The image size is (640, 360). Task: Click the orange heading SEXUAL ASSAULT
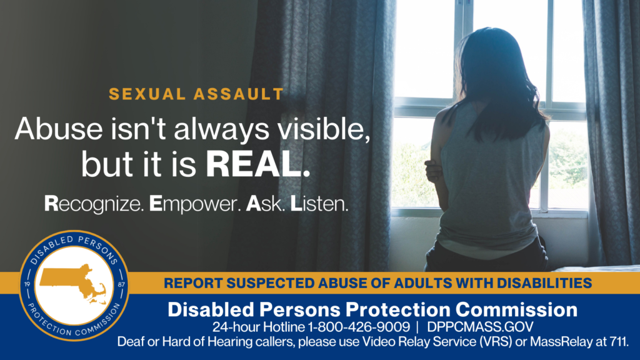point(196,94)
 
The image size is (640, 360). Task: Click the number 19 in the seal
point(27,284)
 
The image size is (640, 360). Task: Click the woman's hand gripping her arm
point(431,172)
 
